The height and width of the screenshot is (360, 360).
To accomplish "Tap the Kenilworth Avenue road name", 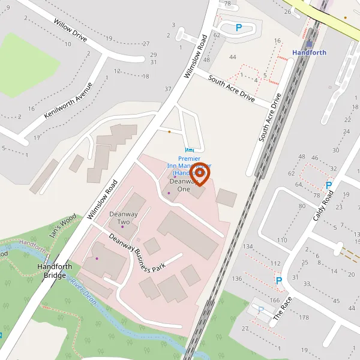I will coord(68,101).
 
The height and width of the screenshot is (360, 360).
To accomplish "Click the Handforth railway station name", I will coord(309,52).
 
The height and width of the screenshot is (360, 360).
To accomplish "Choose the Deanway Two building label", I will coord(119,218).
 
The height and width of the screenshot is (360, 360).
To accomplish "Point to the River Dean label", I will coord(83,287).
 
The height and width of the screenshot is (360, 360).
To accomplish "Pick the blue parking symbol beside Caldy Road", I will coord(329,185).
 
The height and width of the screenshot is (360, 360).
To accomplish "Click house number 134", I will coord(248,247).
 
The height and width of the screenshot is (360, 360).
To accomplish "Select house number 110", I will coord(282,240).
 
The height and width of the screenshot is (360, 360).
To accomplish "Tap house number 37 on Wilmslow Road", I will coord(168,89).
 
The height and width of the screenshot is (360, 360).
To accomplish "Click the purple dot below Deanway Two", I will coord(122,227).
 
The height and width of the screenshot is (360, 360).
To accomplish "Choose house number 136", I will coord(237,278).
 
